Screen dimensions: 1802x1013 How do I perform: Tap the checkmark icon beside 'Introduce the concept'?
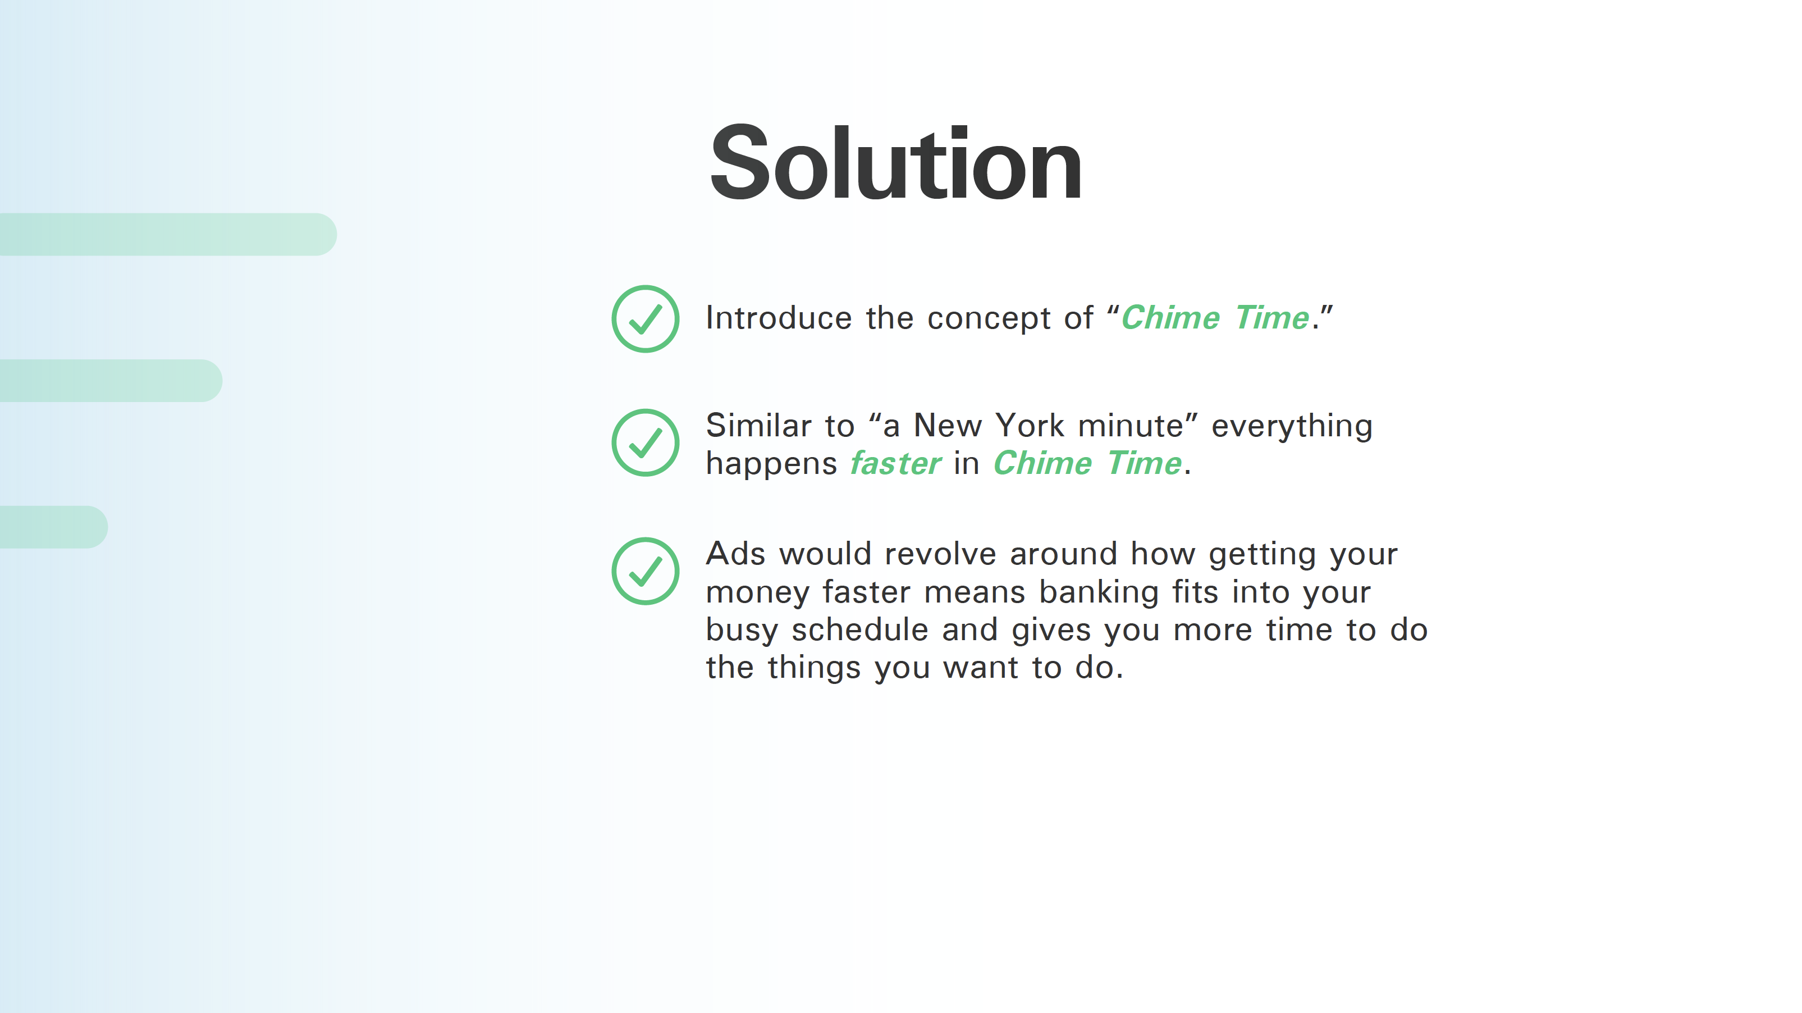coord(645,319)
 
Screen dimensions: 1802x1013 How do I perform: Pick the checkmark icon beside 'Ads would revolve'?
coord(645,571)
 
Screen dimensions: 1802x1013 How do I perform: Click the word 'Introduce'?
coord(779,318)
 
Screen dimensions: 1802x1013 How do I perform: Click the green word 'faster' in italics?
coord(895,463)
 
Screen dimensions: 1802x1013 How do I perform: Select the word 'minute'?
coord(1131,425)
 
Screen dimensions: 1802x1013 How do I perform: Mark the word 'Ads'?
coord(735,553)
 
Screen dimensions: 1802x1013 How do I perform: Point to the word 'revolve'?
coord(940,553)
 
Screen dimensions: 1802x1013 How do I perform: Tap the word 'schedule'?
coord(859,629)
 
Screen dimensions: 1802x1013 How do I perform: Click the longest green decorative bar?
coord(168,234)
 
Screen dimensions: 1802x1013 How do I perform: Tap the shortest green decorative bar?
coord(54,527)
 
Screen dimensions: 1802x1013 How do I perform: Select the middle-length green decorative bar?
coord(111,381)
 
